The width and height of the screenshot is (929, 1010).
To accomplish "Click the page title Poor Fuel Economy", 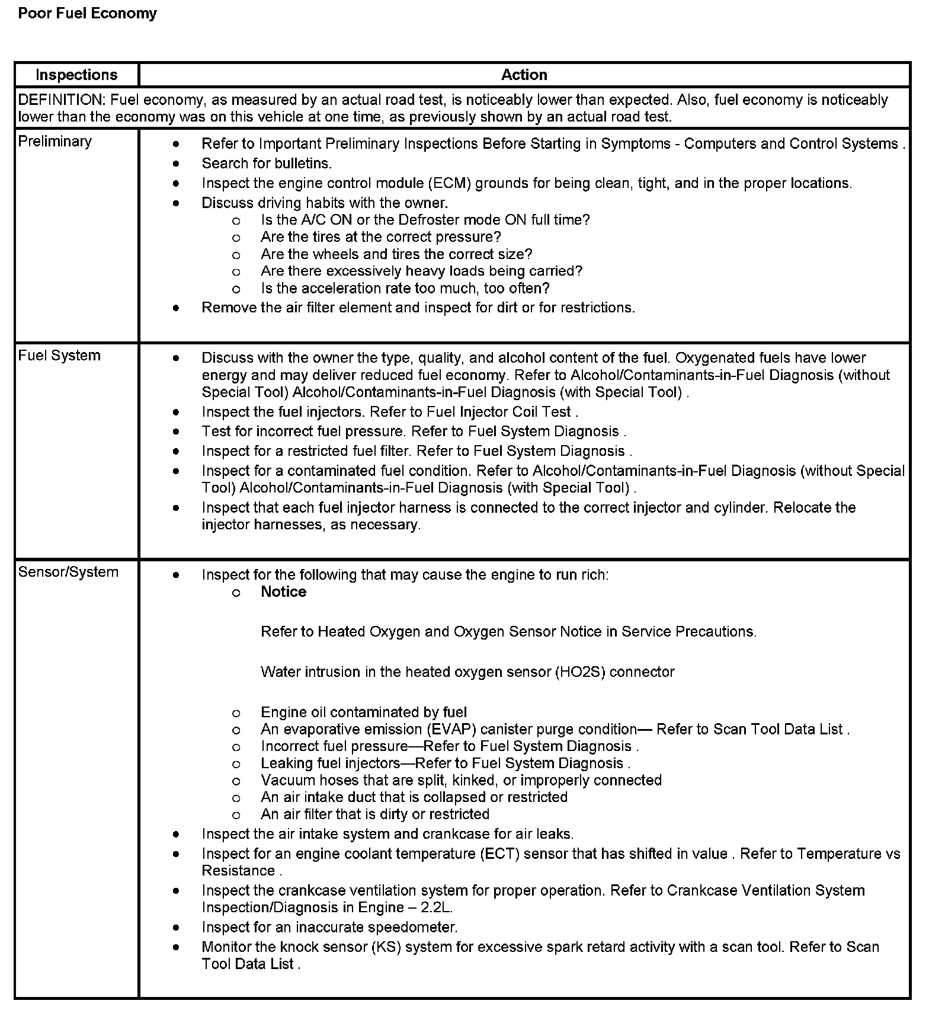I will (87, 13).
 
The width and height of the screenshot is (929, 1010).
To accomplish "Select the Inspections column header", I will (76, 75).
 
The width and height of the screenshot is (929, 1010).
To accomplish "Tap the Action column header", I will (524, 75).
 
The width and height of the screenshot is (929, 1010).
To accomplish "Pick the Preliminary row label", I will (55, 141).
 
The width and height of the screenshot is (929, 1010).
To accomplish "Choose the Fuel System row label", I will (59, 355).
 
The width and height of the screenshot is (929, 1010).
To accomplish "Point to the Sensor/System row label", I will (68, 572).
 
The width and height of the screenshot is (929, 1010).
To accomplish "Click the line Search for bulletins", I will (267, 163).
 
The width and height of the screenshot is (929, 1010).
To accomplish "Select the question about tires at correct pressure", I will (380, 237).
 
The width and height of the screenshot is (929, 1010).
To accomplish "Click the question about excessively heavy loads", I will (421, 271).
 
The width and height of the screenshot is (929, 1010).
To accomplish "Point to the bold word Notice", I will (283, 592).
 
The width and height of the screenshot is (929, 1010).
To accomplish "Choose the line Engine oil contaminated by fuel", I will (363, 712).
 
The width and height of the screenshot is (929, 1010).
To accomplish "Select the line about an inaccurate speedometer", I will (329, 927).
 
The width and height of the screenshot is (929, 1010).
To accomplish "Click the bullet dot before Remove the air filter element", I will (176, 308).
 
